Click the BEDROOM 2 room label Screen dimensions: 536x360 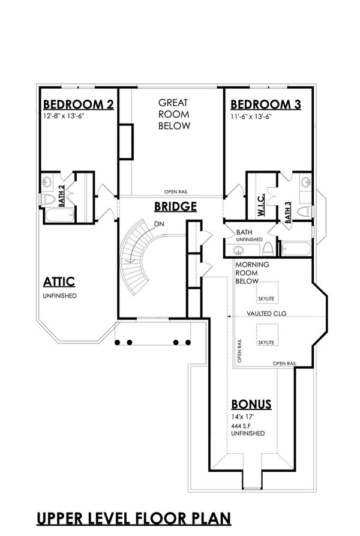pyautogui.click(x=78, y=104)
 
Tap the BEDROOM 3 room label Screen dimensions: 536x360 pyautogui.click(x=265, y=104)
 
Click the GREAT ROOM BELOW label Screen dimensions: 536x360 pyautogui.click(x=174, y=114)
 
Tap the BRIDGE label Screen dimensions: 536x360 pyautogui.click(x=175, y=207)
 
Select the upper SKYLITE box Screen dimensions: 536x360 pyautogui.click(x=266, y=292)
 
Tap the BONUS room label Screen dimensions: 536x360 pyautogui.click(x=251, y=404)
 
